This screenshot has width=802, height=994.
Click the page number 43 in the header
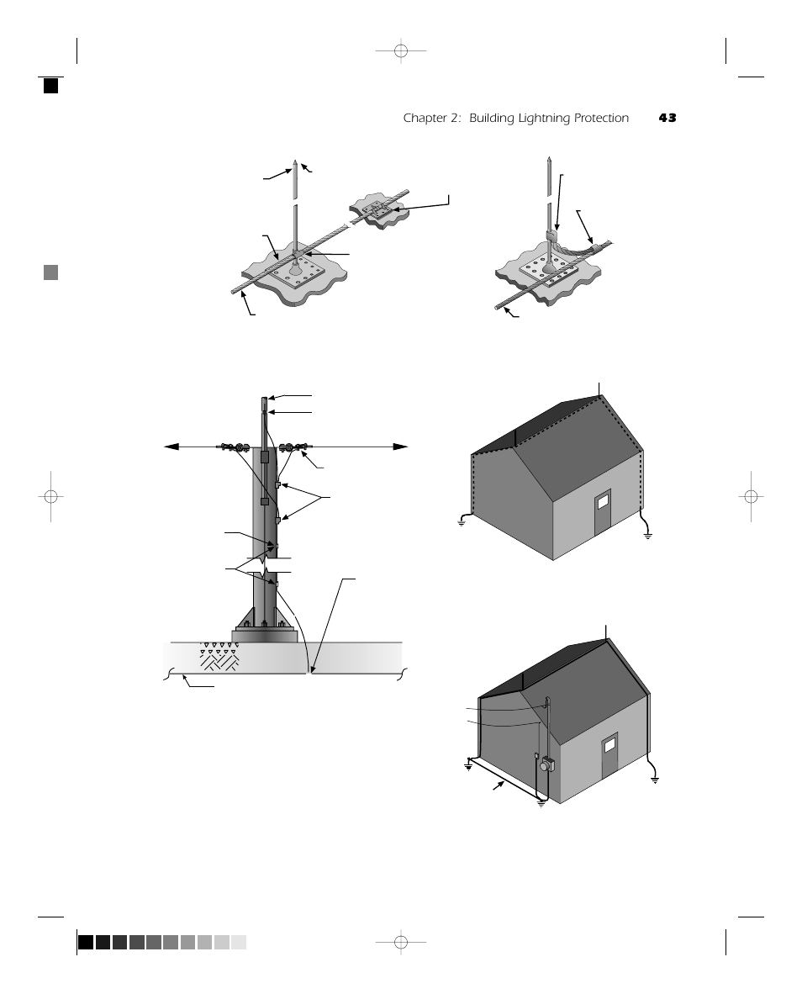667,119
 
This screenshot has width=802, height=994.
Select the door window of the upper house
602,503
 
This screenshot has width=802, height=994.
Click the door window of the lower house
609,744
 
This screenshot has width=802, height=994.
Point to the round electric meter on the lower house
547,766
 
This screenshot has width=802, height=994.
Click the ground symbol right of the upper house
647,534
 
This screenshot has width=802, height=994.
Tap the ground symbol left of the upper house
462,522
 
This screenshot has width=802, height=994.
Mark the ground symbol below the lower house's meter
541,803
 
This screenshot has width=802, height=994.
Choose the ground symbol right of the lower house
655,780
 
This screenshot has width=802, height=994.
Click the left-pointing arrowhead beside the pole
171,447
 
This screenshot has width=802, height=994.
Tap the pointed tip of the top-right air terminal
547,158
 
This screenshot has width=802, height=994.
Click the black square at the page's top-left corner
51,85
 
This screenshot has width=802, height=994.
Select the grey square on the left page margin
51,272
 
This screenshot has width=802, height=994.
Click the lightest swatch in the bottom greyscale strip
239,942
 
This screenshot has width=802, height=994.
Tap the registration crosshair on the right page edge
752,496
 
